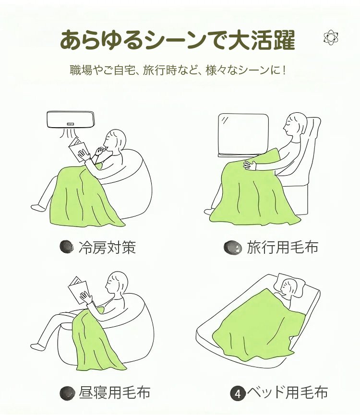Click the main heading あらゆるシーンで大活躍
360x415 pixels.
178,41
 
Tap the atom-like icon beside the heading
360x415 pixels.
331,37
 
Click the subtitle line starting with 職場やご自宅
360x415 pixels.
178,70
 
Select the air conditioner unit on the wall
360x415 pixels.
70,119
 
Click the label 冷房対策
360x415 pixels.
107,248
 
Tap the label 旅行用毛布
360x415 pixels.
282,248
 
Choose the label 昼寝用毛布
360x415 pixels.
114,393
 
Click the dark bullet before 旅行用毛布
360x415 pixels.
233,248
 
